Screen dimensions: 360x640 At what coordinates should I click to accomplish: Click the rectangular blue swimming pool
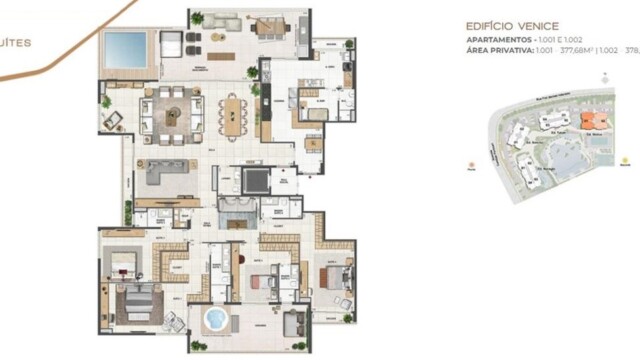pos(127,46)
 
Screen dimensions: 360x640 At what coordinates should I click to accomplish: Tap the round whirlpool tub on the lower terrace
pos(215,320)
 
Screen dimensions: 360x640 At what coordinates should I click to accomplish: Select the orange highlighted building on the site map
pos(573,131)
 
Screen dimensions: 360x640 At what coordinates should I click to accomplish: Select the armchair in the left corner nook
pos(113,120)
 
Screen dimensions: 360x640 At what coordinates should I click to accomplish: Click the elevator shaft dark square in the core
pos(256,181)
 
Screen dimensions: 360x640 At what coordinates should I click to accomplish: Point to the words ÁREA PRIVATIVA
pos(499,50)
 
